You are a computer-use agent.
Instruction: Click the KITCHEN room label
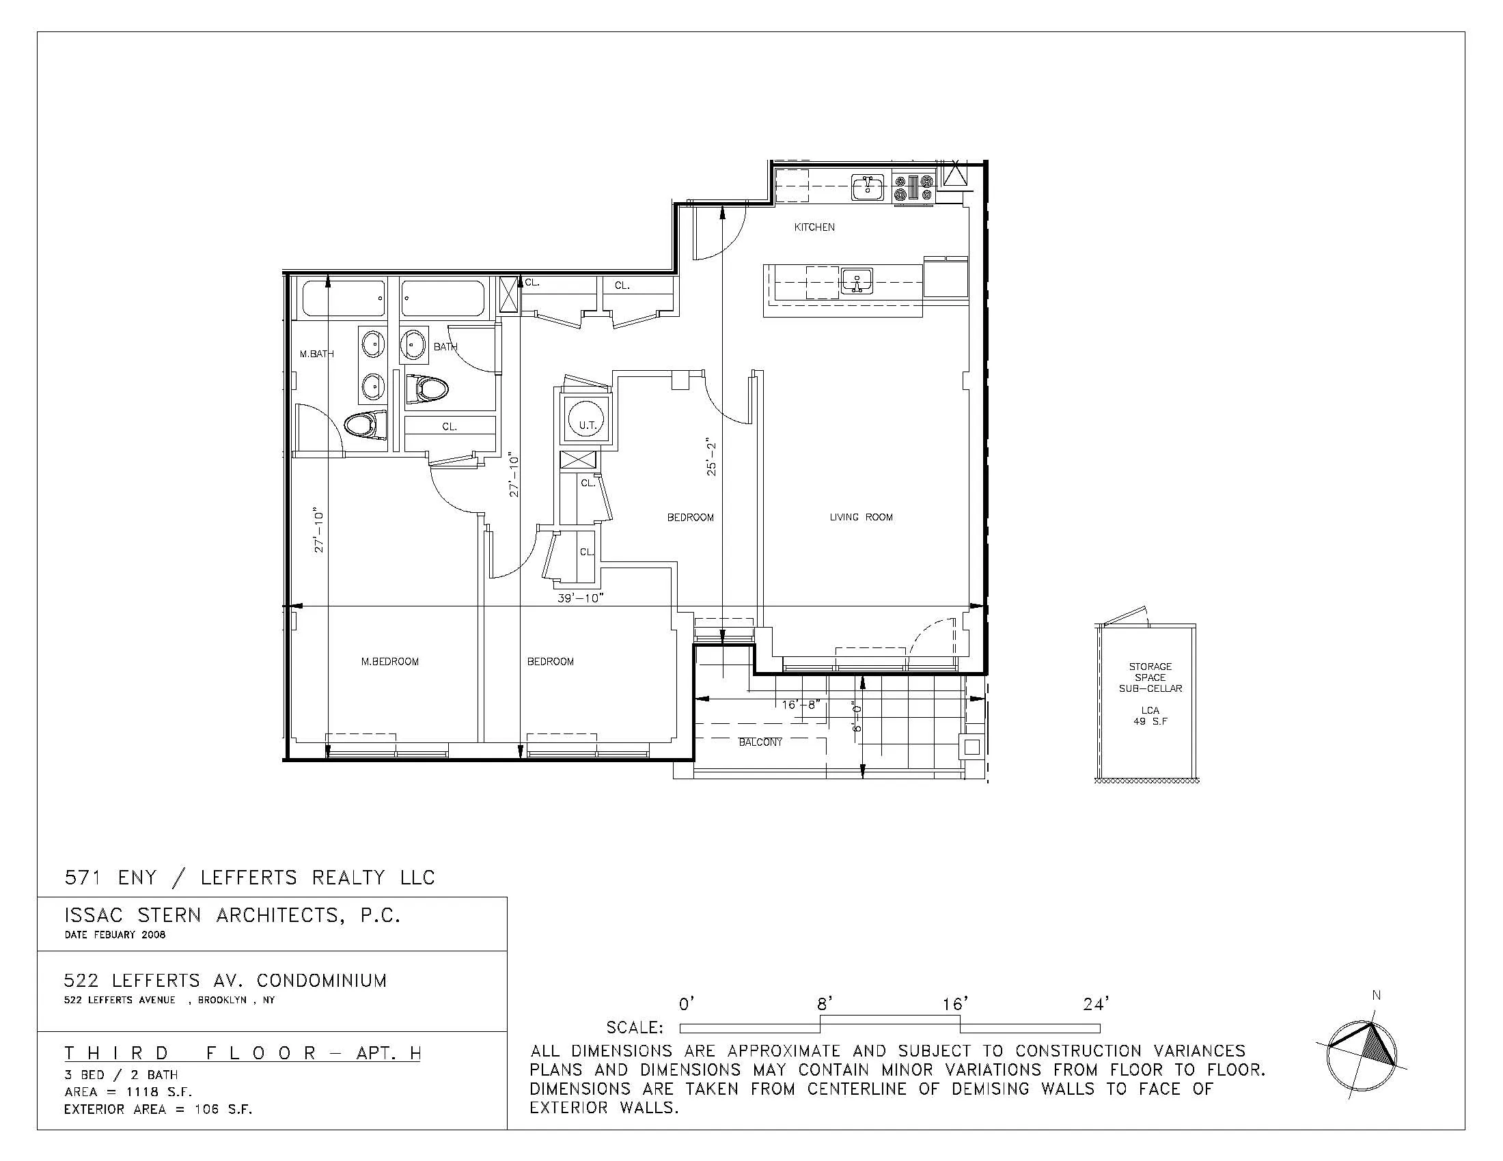[x=814, y=227]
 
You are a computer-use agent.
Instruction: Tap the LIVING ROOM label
[x=861, y=517]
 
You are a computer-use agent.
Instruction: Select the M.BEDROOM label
[x=389, y=662]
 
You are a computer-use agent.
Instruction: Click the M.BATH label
[x=316, y=354]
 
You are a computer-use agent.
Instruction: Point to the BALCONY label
[x=760, y=742]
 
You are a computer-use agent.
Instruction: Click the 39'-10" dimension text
[x=580, y=598]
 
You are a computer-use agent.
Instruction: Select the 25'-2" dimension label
[x=712, y=457]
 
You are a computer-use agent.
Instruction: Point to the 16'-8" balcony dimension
[x=801, y=705]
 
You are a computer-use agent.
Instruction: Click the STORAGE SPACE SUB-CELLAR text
[x=1150, y=677]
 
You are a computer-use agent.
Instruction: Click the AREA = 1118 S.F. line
[x=128, y=1092]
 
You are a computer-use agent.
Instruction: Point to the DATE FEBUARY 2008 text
[x=115, y=935]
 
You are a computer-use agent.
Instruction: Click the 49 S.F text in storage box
[x=1150, y=721]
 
